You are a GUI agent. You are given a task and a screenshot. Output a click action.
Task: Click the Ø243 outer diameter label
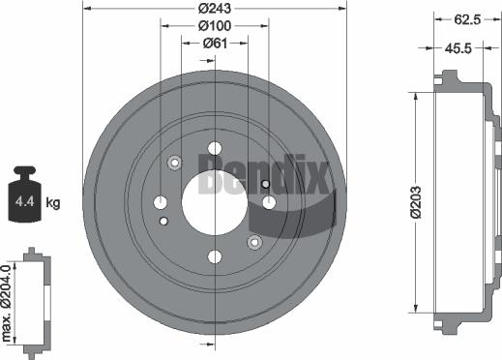214,9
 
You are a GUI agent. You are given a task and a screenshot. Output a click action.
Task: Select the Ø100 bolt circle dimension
214,26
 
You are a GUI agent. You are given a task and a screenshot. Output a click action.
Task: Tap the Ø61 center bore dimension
214,43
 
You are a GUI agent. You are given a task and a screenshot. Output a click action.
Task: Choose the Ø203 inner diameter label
414,201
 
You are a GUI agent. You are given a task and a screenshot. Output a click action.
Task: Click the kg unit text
53,202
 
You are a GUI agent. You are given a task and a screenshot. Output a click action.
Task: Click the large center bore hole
214,201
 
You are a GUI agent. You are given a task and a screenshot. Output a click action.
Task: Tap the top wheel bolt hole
214,148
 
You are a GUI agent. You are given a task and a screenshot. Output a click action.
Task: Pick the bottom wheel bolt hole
214,255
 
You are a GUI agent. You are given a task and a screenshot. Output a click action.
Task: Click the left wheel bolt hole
160,201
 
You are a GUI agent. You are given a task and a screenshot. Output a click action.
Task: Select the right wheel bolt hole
269,201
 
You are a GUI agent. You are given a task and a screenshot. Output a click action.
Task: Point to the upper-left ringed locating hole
175,163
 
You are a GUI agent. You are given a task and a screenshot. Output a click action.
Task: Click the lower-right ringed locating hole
253,241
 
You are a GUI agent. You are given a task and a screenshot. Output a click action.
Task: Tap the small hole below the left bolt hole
162,221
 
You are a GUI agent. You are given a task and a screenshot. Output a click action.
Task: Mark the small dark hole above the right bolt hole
265,183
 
